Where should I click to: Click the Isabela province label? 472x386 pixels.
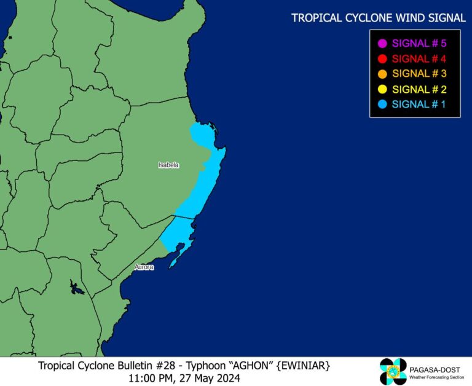click(168, 165)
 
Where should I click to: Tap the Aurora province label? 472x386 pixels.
click(144, 267)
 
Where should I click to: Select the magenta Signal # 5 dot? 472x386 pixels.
click(382, 44)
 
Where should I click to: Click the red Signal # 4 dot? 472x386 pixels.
click(382, 59)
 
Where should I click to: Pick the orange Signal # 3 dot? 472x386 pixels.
click(382, 74)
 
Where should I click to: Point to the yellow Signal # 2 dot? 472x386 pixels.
click(382, 89)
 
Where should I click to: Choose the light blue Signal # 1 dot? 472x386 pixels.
click(382, 104)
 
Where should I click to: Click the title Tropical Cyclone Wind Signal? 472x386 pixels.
click(379, 18)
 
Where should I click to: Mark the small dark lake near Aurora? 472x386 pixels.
click(76, 287)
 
